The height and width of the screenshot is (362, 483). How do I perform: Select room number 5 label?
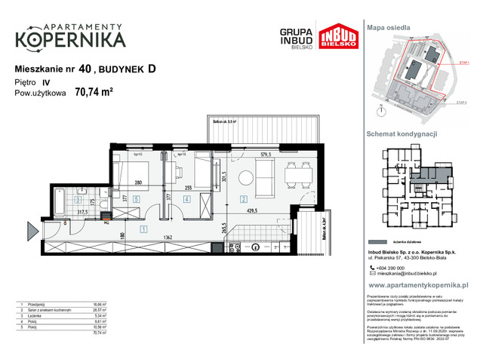[x=136, y=199]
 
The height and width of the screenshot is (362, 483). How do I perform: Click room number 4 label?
[x=186, y=199]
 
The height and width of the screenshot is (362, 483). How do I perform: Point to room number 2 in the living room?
[x=244, y=199]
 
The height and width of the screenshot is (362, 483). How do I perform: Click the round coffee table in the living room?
[x=246, y=178]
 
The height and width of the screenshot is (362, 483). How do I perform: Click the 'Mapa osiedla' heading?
[x=389, y=26]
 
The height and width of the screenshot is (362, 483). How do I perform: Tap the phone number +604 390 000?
[x=396, y=269]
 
